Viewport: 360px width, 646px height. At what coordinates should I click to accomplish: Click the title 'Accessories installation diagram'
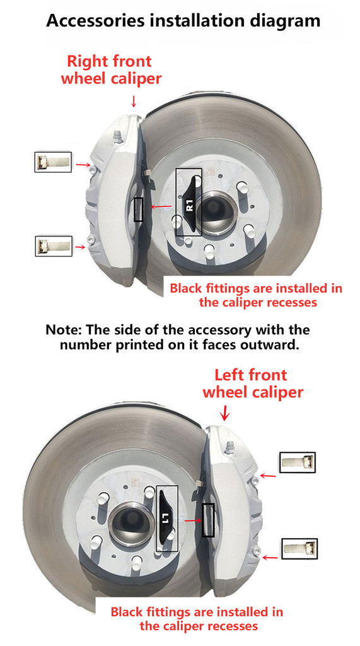183,20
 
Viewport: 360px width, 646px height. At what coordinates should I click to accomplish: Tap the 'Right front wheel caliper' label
111,69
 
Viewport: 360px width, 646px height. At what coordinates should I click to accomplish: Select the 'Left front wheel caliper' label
252,383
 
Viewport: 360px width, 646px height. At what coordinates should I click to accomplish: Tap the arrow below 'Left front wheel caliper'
224,413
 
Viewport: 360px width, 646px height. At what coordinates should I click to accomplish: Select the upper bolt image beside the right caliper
53,162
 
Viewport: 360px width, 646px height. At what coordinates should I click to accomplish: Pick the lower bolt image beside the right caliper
54,246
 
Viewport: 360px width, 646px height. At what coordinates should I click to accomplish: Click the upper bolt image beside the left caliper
298,462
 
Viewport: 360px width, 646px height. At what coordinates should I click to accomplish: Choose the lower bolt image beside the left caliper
300,548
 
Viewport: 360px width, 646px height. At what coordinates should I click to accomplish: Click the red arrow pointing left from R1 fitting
161,207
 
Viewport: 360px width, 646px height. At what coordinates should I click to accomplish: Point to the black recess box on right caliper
139,209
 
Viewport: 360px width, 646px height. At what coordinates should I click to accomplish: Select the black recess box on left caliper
208,520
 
